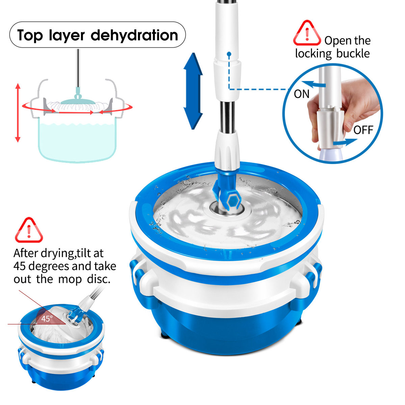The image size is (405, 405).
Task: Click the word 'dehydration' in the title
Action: (x=134, y=35)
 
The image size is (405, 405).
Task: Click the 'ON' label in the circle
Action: (x=301, y=94)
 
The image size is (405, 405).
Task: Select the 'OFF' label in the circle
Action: (x=363, y=130)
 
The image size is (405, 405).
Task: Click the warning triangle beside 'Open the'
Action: (x=306, y=34)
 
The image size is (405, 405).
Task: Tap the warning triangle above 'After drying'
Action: (x=29, y=231)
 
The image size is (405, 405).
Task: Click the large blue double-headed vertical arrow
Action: (x=193, y=91)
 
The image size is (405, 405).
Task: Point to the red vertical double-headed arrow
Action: (x=18, y=113)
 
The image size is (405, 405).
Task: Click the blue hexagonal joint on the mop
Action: (x=233, y=201)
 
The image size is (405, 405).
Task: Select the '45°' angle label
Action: (x=47, y=319)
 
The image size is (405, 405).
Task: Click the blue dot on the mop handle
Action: (x=229, y=54)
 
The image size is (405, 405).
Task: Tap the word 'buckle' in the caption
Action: (x=353, y=54)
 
